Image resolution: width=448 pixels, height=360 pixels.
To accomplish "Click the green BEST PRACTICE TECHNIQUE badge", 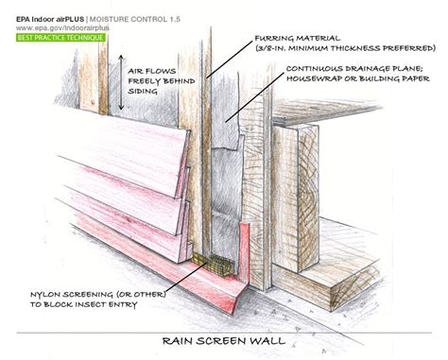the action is tap(60, 38).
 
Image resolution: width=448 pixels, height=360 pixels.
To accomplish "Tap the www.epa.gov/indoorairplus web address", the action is tap(62, 27).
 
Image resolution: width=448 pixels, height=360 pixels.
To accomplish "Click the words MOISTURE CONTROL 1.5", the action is tap(135, 19).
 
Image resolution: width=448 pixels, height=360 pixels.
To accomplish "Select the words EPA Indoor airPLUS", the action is tap(50, 19).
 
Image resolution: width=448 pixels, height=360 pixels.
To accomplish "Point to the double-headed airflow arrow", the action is tap(121, 82).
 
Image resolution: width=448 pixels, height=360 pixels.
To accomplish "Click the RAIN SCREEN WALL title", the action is tap(224, 341).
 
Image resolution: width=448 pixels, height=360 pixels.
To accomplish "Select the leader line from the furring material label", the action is tap(230, 60).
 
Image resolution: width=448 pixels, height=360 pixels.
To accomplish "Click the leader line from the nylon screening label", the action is tap(185, 276).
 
